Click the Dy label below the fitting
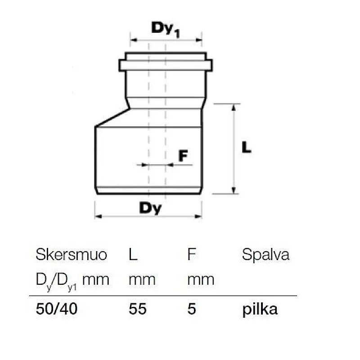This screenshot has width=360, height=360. (x=150, y=208)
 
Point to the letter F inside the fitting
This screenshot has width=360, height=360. (x=182, y=156)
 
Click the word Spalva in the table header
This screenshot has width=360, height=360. (x=265, y=255)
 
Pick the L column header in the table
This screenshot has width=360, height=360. (x=133, y=255)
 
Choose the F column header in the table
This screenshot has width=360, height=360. (x=192, y=255)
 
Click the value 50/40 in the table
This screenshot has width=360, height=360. (x=57, y=310)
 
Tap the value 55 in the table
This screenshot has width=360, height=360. (x=137, y=310)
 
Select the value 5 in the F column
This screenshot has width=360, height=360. (x=192, y=310)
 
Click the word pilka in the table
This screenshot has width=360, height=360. (x=260, y=310)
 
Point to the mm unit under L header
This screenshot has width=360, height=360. (x=142, y=280)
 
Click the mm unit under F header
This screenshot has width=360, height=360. (x=201, y=280)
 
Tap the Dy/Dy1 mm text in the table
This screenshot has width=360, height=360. (x=72, y=280)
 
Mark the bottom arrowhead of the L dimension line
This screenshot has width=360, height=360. (x=234, y=191)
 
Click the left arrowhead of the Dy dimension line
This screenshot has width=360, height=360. (x=97, y=216)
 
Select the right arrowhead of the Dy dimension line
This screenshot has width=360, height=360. (x=199, y=216)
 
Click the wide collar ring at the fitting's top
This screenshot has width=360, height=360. (x=166, y=65)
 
